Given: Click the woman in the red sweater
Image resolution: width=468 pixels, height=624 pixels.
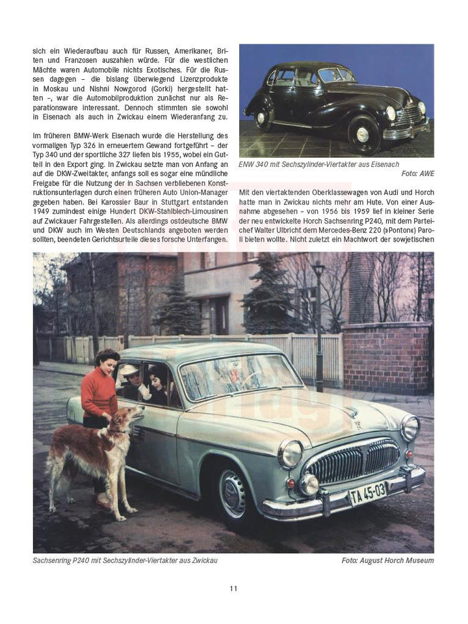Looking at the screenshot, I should pyautogui.click(x=99, y=396).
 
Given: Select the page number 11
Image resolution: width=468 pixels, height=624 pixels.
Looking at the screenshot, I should pyautogui.click(x=233, y=589).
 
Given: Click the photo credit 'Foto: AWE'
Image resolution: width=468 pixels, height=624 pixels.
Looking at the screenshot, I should pyautogui.click(x=417, y=174).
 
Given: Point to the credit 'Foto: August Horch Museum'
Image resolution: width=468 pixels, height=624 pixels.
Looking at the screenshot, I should pyautogui.click(x=387, y=560).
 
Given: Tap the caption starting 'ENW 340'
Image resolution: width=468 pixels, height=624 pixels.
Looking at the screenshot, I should pyautogui.click(x=319, y=164).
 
